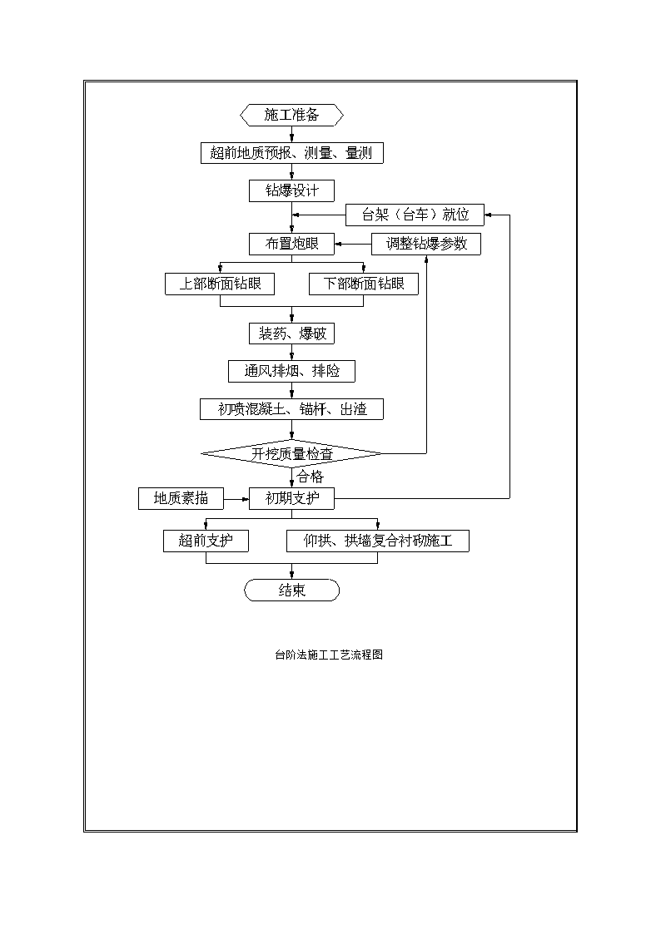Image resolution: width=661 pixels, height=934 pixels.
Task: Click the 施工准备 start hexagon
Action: (291, 115)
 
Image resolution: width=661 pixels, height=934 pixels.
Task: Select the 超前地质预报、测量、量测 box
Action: (291, 153)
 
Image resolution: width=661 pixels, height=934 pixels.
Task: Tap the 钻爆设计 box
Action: (291, 190)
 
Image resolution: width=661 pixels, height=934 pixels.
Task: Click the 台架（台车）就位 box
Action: (415, 215)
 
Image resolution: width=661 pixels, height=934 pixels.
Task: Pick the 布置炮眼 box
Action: (291, 244)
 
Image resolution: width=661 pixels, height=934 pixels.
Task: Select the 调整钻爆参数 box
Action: (426, 244)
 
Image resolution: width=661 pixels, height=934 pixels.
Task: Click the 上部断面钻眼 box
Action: (220, 284)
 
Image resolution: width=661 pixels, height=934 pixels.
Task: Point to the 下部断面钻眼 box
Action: (364, 284)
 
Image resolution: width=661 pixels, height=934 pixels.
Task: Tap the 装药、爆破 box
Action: (291, 334)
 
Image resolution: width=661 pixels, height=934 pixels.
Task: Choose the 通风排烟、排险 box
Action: (291, 371)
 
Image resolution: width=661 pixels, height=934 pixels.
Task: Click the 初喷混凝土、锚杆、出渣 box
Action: (291, 409)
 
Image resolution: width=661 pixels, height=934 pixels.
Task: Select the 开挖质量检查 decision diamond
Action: (291, 454)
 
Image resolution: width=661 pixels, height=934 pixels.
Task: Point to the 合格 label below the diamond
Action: (310, 477)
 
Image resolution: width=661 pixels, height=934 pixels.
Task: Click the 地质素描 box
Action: (181, 498)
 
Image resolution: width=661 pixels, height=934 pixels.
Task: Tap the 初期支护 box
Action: (291, 498)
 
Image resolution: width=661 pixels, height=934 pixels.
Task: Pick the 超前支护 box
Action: (206, 541)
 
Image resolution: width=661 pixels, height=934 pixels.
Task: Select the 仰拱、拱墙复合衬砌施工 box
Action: (378, 541)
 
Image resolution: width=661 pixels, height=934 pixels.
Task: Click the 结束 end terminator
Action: (291, 591)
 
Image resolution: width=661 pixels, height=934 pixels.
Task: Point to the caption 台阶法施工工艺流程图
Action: (328, 655)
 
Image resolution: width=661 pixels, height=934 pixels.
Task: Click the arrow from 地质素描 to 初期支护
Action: (236, 498)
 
